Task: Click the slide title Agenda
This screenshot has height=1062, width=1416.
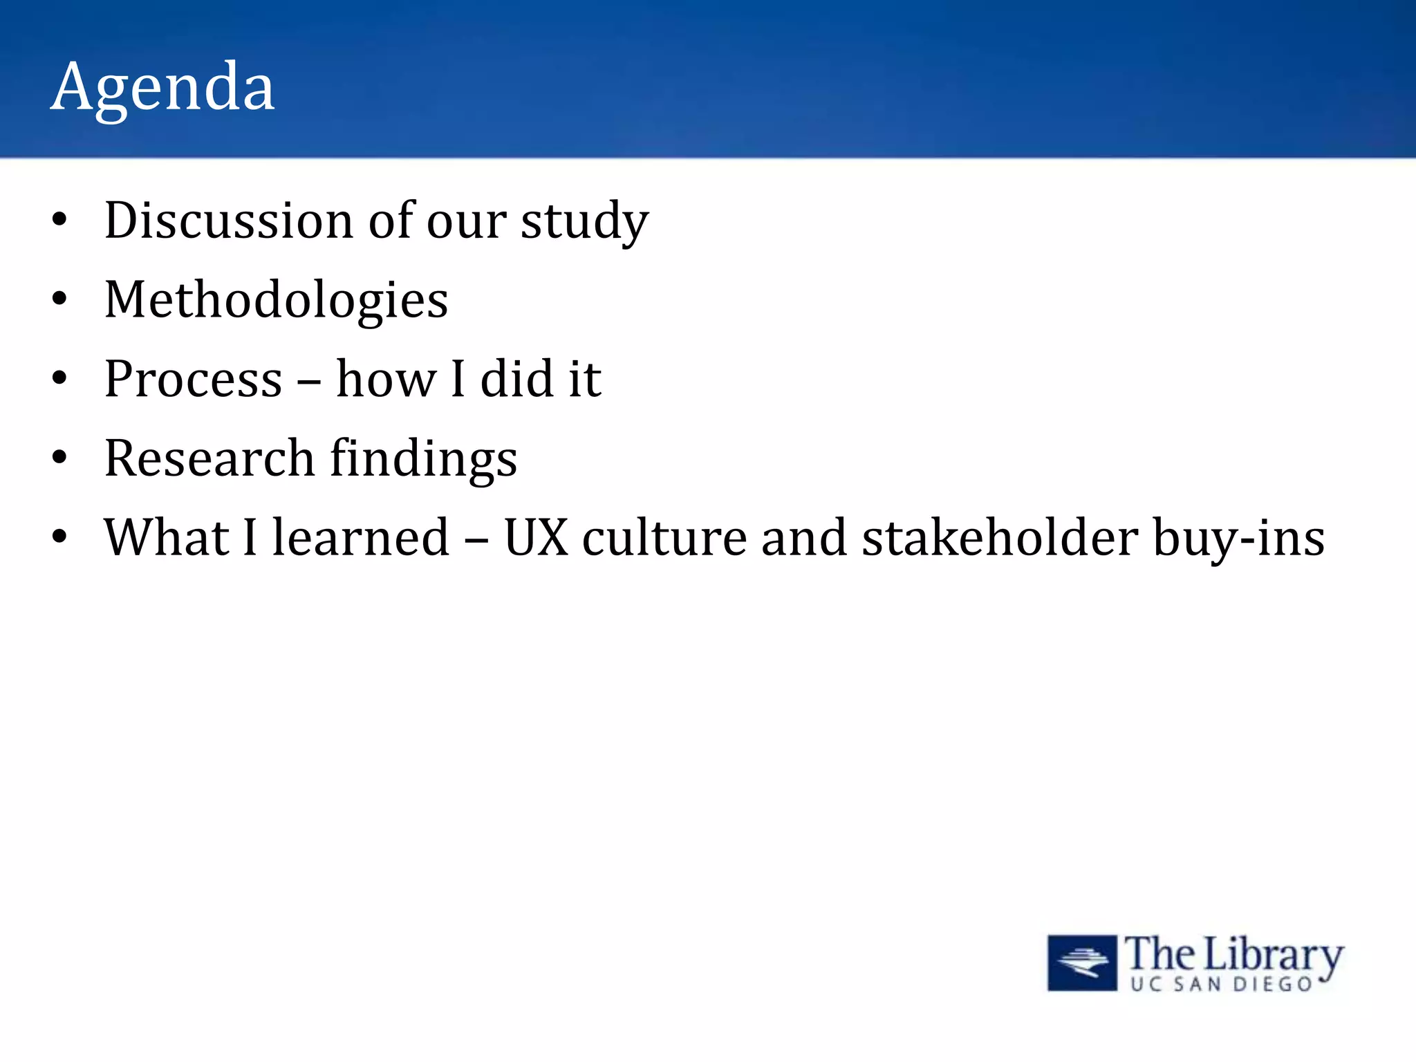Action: pyautogui.click(x=162, y=88)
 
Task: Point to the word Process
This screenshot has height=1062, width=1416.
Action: pyautogui.click(x=193, y=380)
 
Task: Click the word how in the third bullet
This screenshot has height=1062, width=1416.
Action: pyautogui.click(x=386, y=380)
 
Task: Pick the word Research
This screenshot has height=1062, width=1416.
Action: pyautogui.click(x=209, y=458)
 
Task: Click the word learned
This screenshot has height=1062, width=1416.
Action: pyautogui.click(x=360, y=538)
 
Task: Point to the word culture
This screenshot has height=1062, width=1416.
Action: pyautogui.click(x=664, y=538)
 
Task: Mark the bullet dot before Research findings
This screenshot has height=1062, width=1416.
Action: pyautogui.click(x=60, y=458)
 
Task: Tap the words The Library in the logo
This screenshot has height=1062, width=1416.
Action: pyautogui.click(x=1233, y=954)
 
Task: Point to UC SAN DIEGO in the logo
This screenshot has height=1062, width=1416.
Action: pyautogui.click(x=1221, y=985)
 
